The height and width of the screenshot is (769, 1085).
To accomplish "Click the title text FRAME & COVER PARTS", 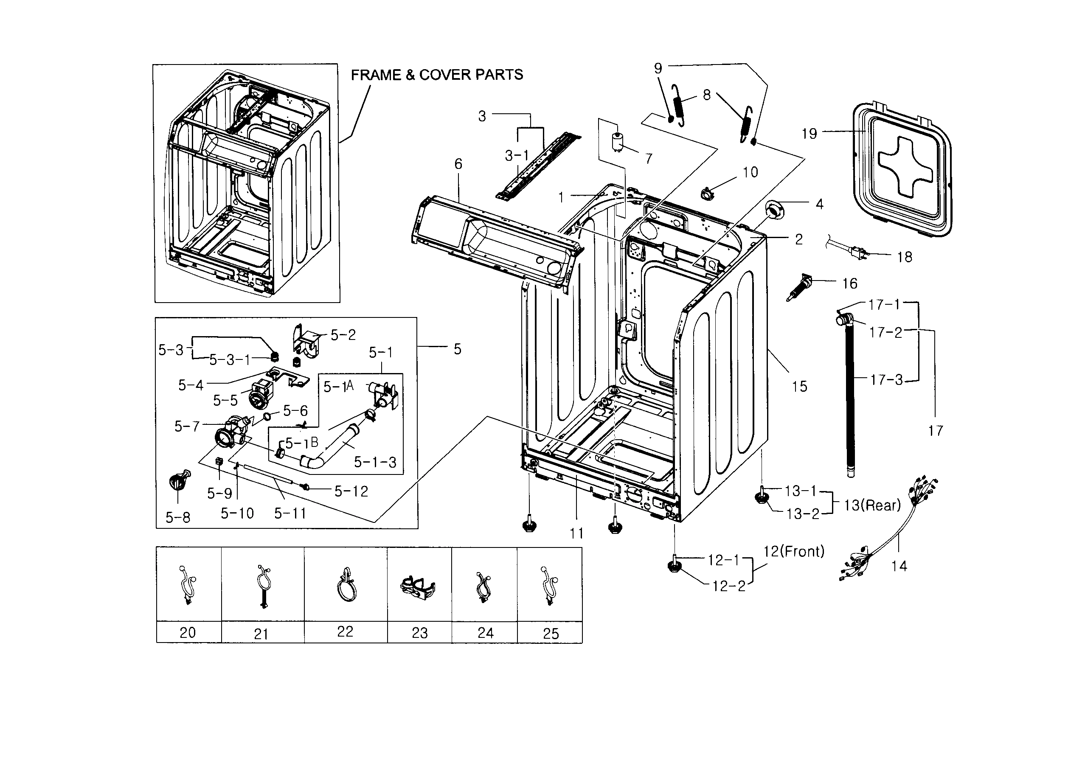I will point(437,75).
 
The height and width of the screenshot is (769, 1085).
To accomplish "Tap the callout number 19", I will point(810,134).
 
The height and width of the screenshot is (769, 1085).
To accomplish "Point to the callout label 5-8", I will point(178,518).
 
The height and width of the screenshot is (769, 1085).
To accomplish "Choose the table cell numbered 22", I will point(345,631).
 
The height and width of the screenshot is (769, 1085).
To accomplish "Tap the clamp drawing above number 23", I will point(417,588).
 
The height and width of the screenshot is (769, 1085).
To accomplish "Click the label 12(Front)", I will point(794,552).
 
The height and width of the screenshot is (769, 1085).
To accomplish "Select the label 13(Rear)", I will point(872,505).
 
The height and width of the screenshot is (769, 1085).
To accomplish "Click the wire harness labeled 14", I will point(885,535).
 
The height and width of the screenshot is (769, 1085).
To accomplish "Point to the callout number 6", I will point(458,164).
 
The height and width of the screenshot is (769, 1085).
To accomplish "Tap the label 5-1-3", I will point(375,462).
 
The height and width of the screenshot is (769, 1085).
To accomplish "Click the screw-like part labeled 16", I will point(800,289).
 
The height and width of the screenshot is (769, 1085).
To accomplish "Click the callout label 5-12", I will point(351,491).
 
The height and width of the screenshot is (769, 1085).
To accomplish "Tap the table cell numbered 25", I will point(550,633).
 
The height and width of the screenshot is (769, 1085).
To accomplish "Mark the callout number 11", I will point(576,533).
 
